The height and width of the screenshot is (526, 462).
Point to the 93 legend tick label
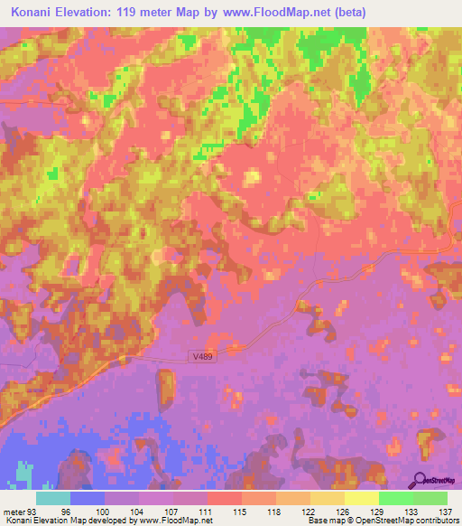34,510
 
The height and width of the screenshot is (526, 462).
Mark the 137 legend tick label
446,510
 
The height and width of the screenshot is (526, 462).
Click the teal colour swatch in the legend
53,498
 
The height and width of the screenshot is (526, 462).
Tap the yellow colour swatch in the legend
362,498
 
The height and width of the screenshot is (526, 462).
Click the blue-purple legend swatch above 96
88,498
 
